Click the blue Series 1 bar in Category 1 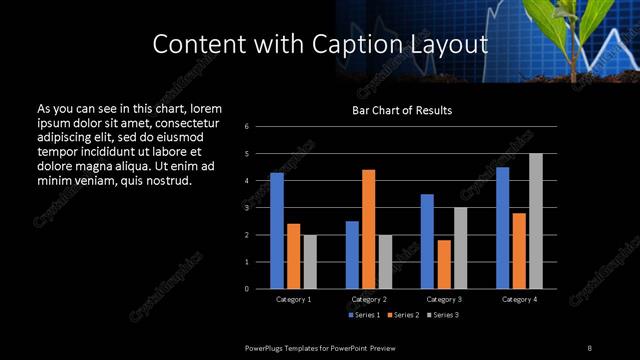click(277, 231)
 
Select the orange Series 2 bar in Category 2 click(368, 229)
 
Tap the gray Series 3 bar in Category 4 click(535, 221)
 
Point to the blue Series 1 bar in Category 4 click(502, 228)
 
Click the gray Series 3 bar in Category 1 click(309, 262)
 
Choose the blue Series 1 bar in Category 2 click(352, 255)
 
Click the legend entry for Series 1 click(364, 315)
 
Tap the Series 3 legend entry click(444, 315)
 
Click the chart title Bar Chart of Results click(403, 111)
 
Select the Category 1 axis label click(293, 299)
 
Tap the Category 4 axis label click(518, 299)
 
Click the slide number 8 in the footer click(589, 347)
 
